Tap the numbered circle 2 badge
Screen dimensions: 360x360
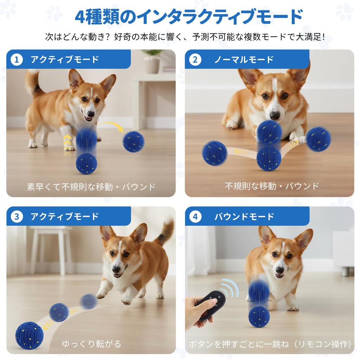pos(195,59)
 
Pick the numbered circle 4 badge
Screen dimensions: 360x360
pos(195,217)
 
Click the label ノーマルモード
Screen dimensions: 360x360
pos(244,59)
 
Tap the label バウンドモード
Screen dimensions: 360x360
pos(244,217)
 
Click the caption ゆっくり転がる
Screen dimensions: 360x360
pos(91,343)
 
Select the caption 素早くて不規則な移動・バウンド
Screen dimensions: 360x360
pos(91,187)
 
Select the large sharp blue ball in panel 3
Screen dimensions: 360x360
pos(29,335)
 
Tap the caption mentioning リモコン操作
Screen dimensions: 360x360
pos(270,344)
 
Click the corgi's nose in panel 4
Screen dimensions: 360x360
pos(280,270)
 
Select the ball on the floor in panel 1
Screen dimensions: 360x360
pos(86,163)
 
